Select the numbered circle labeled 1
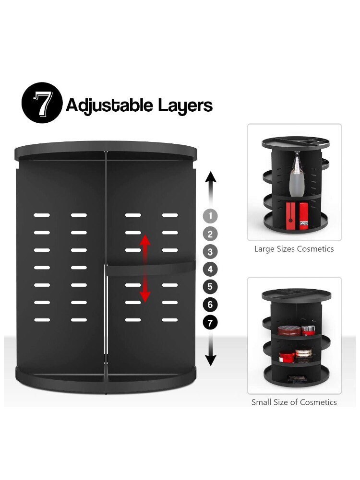pos(210,216)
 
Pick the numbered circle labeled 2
pos(210,234)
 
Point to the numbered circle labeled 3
pos(210,251)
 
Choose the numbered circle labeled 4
pos(210,269)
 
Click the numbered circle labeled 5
pos(210,287)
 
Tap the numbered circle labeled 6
pos(210,304)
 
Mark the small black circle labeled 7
pos(210,322)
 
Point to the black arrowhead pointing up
pos(211,178)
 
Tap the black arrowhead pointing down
pos(211,360)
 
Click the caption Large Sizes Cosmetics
pos(294,249)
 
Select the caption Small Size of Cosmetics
pos(294,402)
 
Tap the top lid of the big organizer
pos(105,150)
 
